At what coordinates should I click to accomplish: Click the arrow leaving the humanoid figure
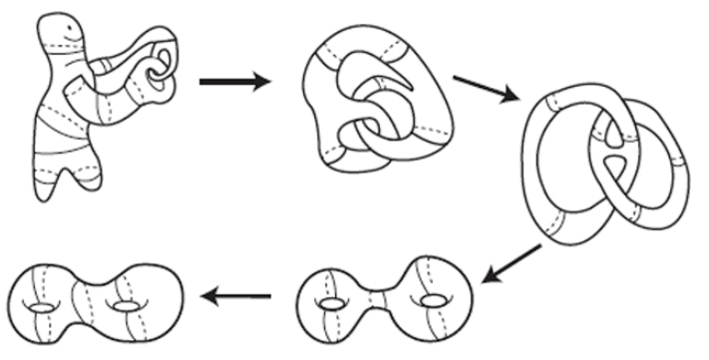click(x=233, y=81)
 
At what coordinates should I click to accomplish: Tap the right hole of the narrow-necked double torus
click(x=432, y=299)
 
